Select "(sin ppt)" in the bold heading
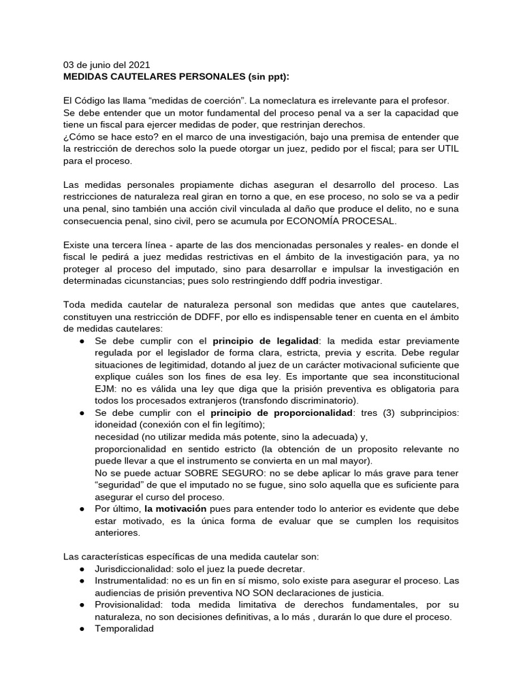[273, 76]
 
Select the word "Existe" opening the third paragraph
[77, 244]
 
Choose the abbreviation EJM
[106, 388]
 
